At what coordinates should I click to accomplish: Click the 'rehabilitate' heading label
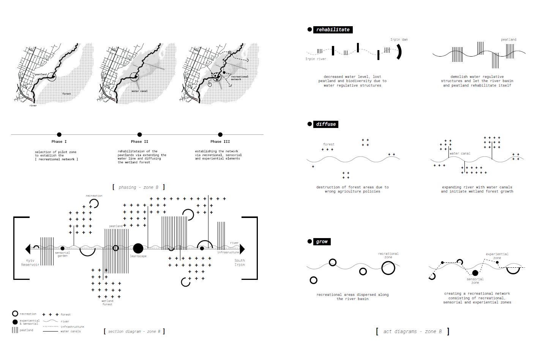(333, 30)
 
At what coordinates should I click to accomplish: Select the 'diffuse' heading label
(326, 124)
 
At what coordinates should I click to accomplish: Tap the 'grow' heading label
(322, 242)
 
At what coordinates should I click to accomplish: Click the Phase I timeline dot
(59, 134)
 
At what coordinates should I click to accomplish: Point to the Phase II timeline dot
(140, 134)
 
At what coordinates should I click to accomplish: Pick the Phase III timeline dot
(220, 134)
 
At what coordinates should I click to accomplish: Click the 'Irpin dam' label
(399, 39)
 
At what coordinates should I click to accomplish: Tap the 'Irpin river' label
(316, 59)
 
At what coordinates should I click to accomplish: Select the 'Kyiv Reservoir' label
(30, 263)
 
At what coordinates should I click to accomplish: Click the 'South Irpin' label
(240, 262)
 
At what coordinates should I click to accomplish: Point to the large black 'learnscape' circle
(138, 248)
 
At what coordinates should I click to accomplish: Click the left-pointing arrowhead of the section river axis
(28, 249)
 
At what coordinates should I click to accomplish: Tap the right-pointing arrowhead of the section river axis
(242, 249)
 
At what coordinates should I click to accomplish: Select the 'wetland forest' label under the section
(107, 303)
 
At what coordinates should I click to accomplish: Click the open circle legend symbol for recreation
(15, 314)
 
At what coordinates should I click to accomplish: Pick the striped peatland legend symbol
(15, 330)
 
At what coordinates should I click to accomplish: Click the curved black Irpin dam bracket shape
(399, 52)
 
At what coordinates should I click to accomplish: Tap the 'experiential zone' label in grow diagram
(497, 256)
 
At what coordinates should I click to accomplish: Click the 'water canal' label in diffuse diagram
(460, 153)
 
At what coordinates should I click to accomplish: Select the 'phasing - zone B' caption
(138, 187)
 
